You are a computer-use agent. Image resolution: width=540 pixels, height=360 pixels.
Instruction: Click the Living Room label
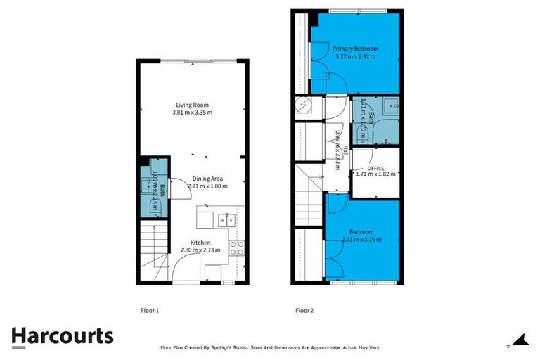point(192,105)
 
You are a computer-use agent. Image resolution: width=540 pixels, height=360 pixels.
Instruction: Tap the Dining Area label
point(207,179)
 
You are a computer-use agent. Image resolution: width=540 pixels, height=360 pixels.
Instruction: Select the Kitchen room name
point(200,243)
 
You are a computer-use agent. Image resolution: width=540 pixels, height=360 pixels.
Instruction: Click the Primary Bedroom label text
point(356,49)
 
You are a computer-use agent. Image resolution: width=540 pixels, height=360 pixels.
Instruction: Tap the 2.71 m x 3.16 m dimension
point(362,240)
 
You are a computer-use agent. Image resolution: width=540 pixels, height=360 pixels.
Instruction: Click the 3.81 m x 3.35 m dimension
point(192,112)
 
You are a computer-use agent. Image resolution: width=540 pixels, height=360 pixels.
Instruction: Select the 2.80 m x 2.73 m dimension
point(200,250)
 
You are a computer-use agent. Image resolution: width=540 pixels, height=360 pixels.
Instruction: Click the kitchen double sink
point(226,220)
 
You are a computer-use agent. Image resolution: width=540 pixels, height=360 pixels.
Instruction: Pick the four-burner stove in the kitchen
point(237,247)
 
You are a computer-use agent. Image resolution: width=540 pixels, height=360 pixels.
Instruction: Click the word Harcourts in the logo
point(62,335)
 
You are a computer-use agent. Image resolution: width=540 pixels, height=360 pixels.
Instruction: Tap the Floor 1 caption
point(150,309)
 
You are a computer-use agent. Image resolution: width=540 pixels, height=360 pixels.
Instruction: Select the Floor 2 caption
point(304,309)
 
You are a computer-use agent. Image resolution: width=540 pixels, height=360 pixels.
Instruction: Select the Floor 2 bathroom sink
point(390,106)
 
